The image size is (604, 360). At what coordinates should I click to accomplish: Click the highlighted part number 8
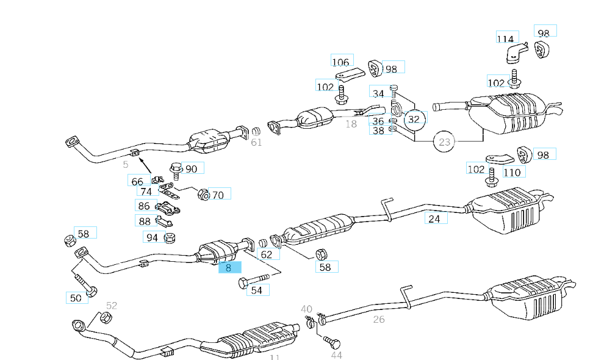click(230, 267)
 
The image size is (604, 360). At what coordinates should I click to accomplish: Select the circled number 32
click(414, 119)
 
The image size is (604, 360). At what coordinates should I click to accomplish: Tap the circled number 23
click(445, 143)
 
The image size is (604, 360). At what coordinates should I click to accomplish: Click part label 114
click(506, 39)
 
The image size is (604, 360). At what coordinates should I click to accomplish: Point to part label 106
click(341, 62)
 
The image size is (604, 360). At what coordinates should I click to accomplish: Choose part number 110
click(512, 172)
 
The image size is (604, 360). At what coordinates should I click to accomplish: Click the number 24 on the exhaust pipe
click(434, 218)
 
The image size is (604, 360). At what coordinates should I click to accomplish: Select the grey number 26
click(379, 319)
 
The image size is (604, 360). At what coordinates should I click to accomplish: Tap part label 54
click(257, 290)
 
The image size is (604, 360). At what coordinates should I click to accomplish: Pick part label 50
click(76, 298)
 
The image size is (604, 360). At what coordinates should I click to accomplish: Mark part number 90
click(192, 169)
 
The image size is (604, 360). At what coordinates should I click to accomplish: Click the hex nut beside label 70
click(203, 195)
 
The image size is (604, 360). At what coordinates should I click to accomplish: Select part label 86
click(144, 206)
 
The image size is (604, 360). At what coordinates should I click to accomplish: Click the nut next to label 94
click(170, 237)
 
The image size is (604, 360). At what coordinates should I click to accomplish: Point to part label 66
click(138, 181)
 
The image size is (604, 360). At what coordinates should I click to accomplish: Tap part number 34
click(379, 93)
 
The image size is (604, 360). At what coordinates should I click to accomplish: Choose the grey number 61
click(256, 143)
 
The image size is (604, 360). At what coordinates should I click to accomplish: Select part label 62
click(267, 254)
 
